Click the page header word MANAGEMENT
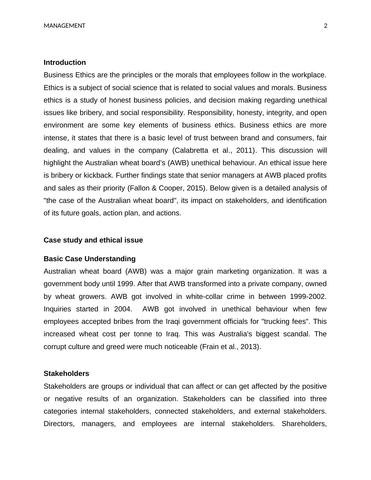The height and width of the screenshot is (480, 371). [x=64, y=26]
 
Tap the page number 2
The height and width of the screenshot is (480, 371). [x=326, y=26]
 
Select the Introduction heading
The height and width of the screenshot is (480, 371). [x=65, y=62]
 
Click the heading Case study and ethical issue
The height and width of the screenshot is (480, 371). [x=93, y=240]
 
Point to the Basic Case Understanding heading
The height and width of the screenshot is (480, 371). [x=89, y=259]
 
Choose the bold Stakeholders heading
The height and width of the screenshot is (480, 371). [x=66, y=373]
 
